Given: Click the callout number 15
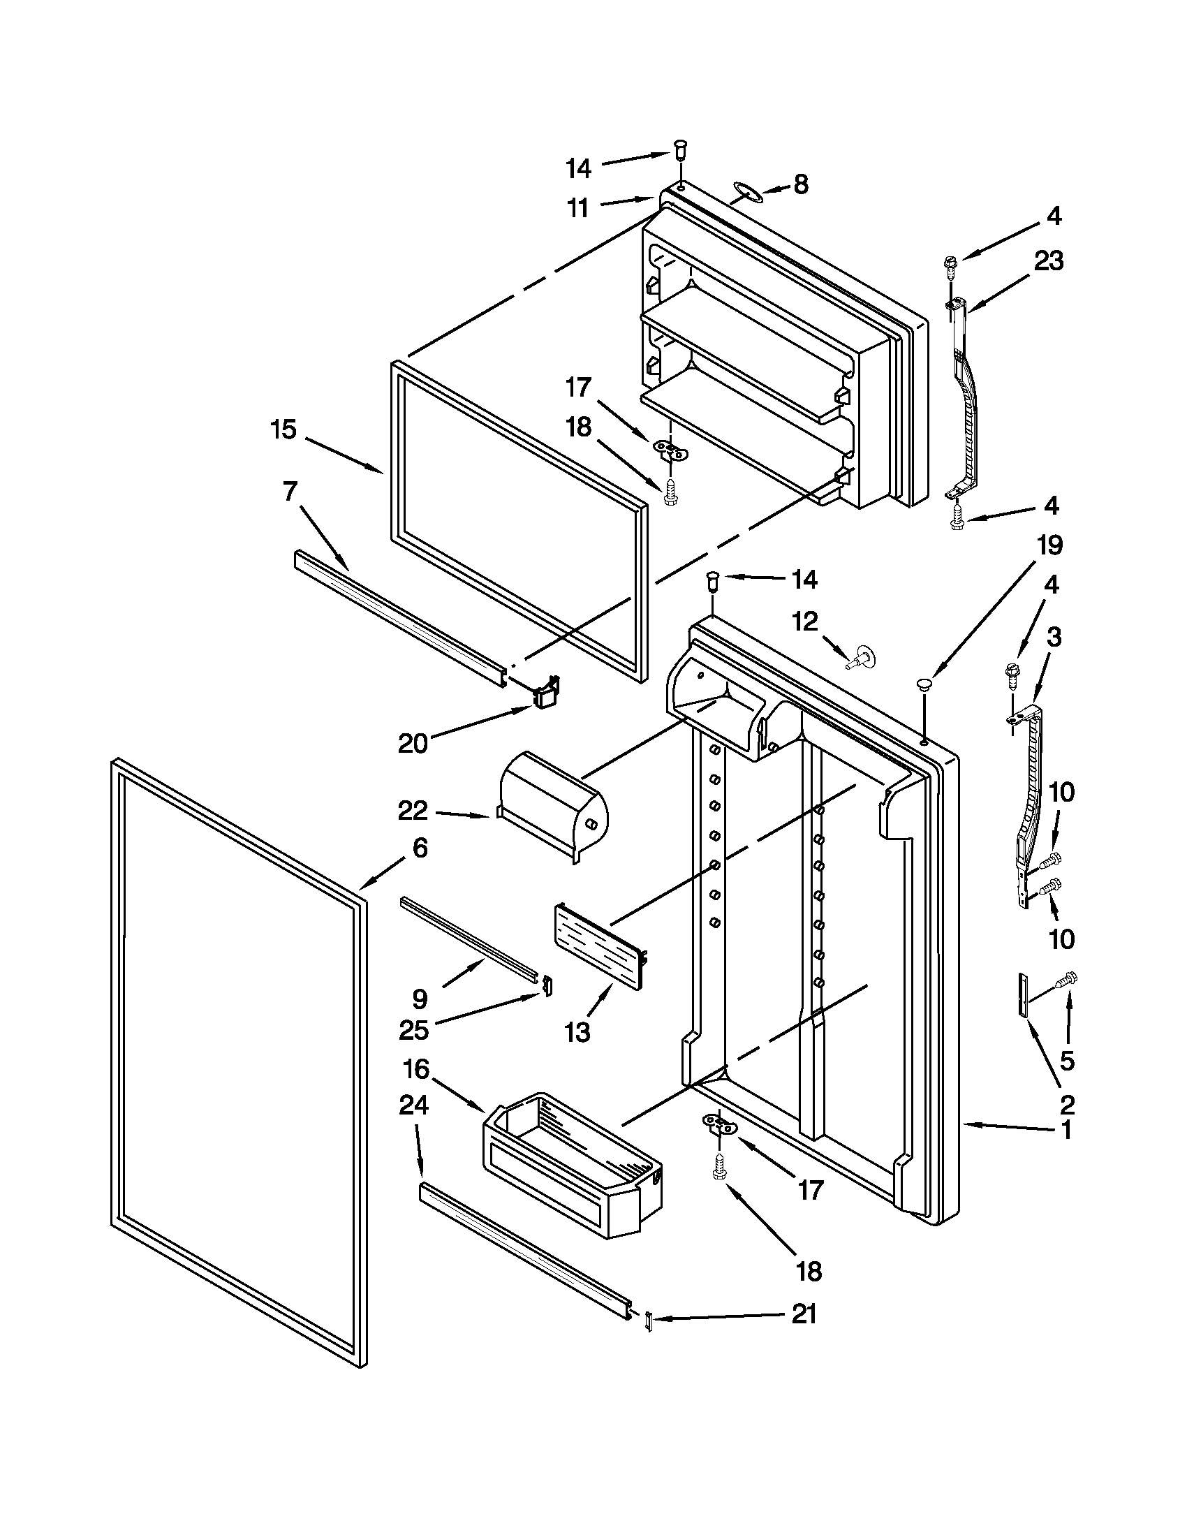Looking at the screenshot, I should click(284, 429).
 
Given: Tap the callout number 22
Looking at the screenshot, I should click(413, 811).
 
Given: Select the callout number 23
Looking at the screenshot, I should click(1049, 261).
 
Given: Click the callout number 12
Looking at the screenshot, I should click(806, 622).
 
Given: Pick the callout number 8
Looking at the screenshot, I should click(801, 184).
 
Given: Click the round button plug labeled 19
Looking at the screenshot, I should click(924, 682).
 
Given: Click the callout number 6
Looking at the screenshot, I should click(420, 848).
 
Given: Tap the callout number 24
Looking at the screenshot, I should click(414, 1105).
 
